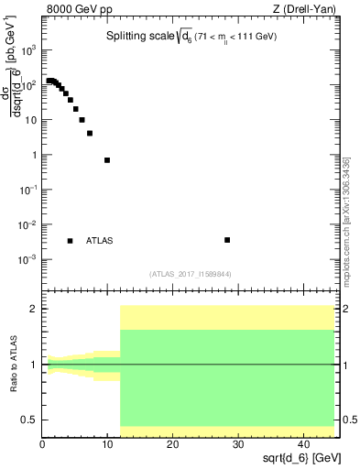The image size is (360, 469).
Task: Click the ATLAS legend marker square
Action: (70, 241)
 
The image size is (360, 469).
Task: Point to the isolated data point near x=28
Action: (227, 240)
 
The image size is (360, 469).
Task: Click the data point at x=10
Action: (107, 160)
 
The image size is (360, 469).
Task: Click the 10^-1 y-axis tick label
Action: (27, 190)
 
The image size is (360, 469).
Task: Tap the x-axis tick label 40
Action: (302, 444)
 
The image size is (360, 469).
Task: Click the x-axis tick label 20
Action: (172, 444)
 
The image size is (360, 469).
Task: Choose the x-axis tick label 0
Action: (42, 444)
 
